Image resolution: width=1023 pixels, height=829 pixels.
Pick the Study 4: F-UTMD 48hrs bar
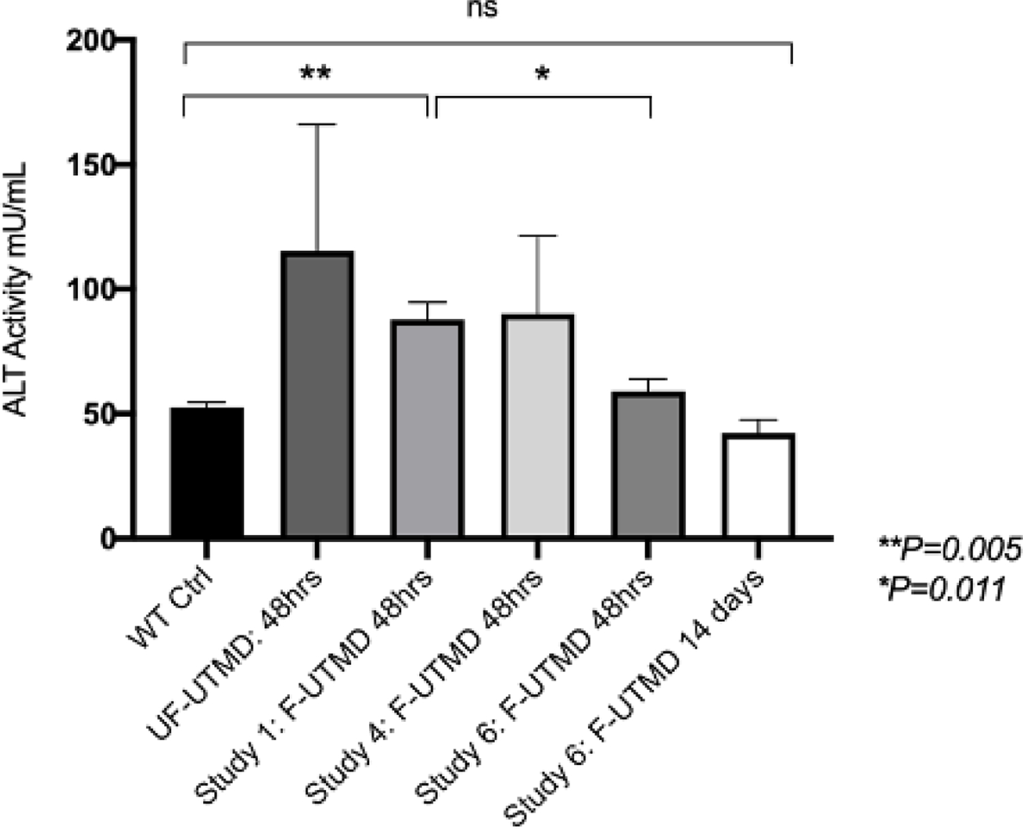pyautogui.click(x=538, y=426)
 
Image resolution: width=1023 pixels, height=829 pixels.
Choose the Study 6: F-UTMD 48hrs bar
pyautogui.click(x=648, y=465)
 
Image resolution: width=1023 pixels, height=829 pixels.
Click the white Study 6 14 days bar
pyautogui.click(x=758, y=485)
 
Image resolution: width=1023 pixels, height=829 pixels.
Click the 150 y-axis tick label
pyautogui.click(x=91, y=166)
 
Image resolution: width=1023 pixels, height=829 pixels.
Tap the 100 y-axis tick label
pyautogui.click(x=91, y=290)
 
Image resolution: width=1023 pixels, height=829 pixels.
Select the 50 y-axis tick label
pyautogui.click(x=100, y=414)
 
